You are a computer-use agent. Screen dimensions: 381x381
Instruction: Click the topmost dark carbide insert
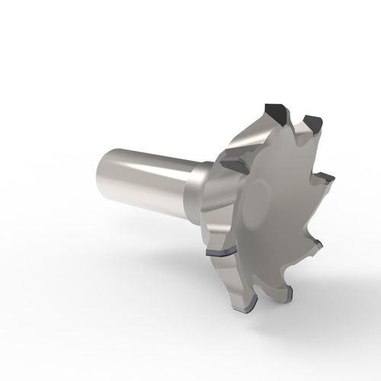click(x=274, y=114)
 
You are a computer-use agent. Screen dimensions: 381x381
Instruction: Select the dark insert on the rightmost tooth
click(x=326, y=181)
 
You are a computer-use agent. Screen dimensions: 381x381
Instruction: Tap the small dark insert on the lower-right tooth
click(x=318, y=245)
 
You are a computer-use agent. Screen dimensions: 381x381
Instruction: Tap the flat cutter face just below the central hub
click(x=263, y=244)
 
